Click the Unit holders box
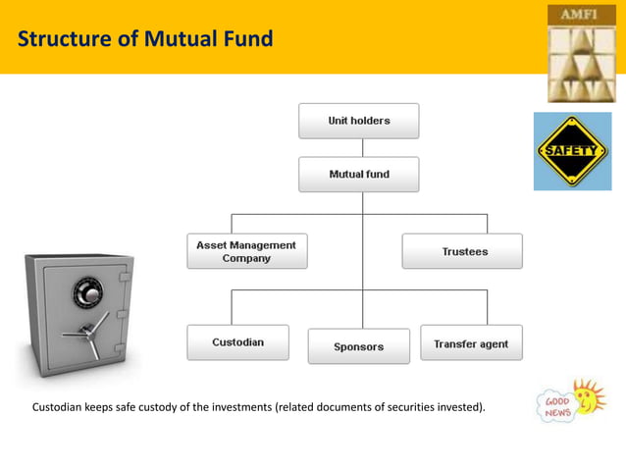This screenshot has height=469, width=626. (358, 121)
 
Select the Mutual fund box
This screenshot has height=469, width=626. (358, 175)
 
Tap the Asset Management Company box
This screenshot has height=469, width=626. (246, 251)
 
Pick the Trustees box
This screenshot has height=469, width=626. (462, 252)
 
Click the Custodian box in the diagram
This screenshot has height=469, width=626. (237, 342)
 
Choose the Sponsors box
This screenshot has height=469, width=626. (358, 346)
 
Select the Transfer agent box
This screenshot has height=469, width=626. (471, 343)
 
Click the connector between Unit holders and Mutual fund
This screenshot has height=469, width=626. (362, 147)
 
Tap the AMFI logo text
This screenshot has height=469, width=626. (578, 14)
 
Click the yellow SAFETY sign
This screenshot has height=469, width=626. (572, 151)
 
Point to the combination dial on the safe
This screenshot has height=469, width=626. (87, 291)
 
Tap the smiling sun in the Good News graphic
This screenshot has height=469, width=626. (588, 397)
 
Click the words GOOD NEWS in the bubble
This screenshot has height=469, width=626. (556, 407)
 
